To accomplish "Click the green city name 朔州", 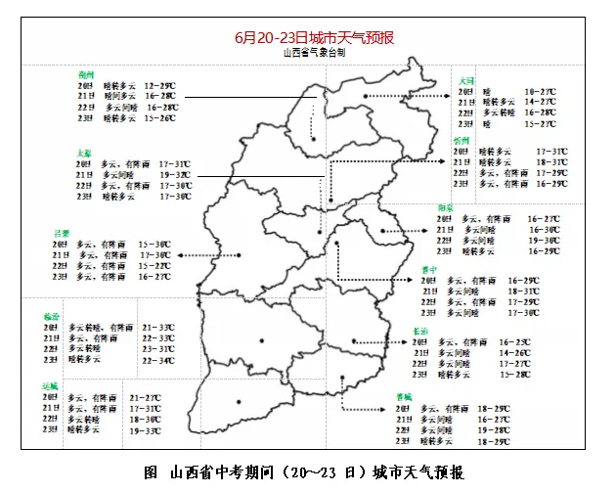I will [86, 74].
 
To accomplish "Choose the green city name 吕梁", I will [63, 233].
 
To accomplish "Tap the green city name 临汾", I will [52, 316].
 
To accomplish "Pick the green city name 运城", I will [52, 386].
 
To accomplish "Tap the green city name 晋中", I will [429, 268].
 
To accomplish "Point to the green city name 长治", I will [420, 332].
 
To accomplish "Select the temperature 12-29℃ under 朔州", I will [159, 86].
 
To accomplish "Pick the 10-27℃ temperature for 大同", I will [540, 91].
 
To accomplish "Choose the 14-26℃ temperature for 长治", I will [515, 353].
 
